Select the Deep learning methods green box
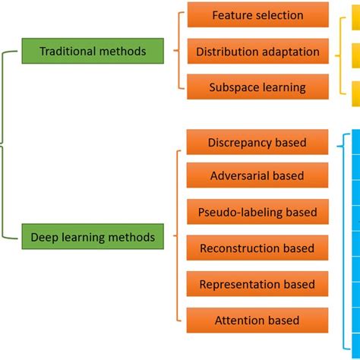coord(93,238)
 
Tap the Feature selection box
coord(257,15)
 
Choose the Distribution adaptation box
coord(257,52)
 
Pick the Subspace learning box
coord(257,87)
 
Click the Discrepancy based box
coord(257,142)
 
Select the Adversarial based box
coord(257,176)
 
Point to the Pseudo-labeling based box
coord(257,212)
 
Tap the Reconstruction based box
coord(257,248)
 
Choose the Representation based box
coord(257,284)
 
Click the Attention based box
coord(257,321)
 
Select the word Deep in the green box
coord(45,238)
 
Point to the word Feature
coord(233,15)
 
